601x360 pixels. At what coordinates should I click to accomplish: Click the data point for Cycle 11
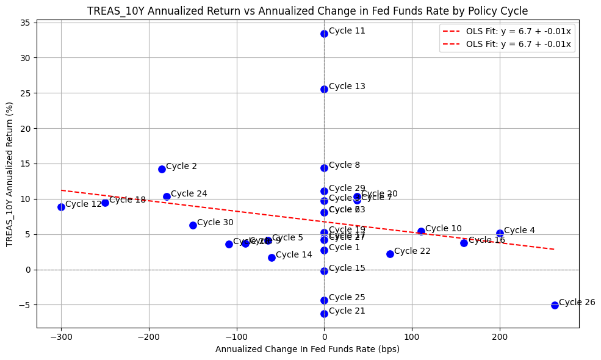(324, 34)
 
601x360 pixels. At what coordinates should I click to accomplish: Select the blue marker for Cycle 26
(555, 305)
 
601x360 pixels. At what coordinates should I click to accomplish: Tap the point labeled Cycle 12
(61, 207)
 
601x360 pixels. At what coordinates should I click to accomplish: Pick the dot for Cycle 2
(162, 169)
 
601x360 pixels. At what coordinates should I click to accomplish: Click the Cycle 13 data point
(324, 89)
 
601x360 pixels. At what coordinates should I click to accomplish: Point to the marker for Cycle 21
(324, 314)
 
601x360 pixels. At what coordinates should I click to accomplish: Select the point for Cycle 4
(500, 233)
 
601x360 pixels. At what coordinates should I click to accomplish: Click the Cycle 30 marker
(193, 225)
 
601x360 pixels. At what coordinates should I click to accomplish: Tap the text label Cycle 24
(189, 194)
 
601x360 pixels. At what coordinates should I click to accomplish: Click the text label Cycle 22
(412, 251)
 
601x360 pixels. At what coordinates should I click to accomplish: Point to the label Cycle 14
(294, 255)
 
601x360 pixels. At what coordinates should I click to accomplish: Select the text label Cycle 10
(444, 229)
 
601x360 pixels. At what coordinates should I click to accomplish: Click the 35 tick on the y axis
(25, 23)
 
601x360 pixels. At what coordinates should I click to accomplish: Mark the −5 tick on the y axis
(25, 305)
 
